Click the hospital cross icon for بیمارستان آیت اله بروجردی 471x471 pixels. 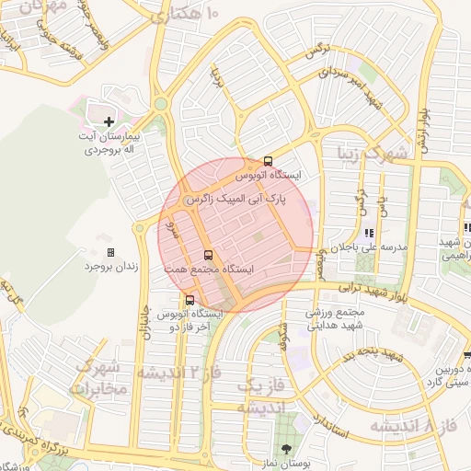coord(109,121)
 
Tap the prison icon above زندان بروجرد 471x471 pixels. coord(110,252)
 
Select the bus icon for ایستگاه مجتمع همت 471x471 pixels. coord(207,255)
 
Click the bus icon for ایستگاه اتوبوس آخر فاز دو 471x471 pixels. coord(190,300)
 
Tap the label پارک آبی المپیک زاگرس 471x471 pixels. coord(236,198)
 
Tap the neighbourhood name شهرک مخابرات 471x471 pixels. coord(97,377)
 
